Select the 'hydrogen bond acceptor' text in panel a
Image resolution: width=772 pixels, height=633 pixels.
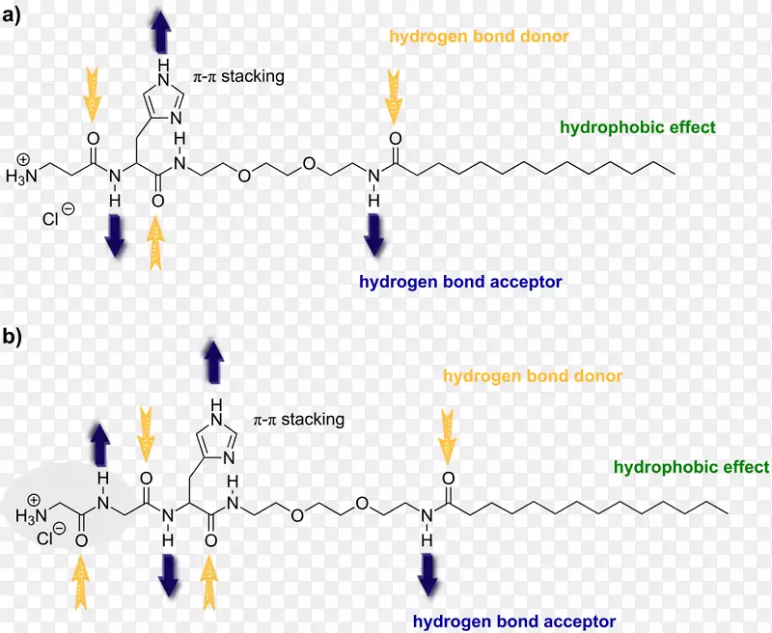click(460, 282)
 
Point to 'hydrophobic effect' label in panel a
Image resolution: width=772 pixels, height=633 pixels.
click(637, 126)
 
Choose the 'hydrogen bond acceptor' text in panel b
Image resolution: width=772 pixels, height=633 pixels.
click(514, 620)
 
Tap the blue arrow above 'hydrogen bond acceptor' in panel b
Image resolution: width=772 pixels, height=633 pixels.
click(426, 573)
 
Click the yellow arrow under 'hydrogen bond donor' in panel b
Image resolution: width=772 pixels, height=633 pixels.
click(447, 434)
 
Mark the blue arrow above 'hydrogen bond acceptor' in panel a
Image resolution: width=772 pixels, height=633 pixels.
click(373, 235)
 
